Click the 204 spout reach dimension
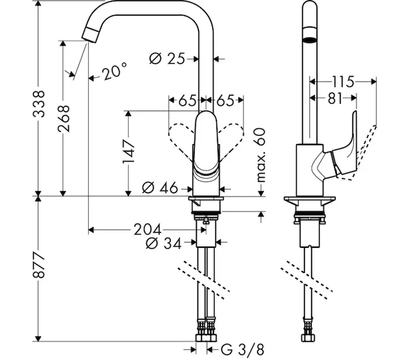point(147,229)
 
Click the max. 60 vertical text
point(260,155)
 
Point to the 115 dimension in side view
point(342,80)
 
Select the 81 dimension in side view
point(334,97)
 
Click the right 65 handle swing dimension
point(225,100)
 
